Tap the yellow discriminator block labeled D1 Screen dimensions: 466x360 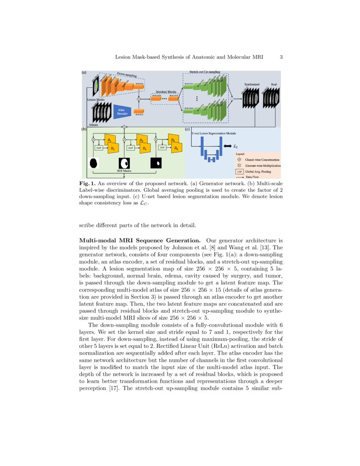coord(109,139)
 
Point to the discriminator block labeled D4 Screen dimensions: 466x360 coord(144,148)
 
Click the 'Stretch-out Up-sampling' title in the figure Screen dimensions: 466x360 coord(205,72)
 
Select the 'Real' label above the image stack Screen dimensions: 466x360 coord(274,84)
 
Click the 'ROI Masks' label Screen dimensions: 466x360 coord(124,171)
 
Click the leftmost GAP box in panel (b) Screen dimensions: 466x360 coord(99,148)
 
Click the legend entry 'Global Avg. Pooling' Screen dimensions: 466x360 coord(258,172)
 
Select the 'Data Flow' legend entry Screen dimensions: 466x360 coord(253,177)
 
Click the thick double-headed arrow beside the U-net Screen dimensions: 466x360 coord(227,146)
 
